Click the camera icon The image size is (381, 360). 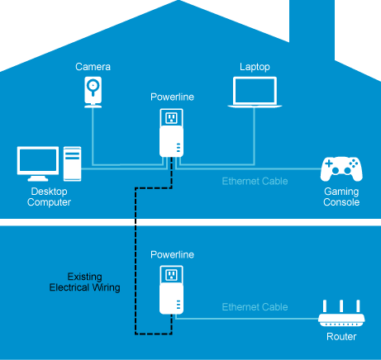93,92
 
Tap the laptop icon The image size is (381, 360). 255,92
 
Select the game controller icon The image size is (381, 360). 341,169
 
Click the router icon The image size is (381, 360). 341,314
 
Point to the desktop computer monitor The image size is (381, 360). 38,163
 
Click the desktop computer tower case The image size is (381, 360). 72,163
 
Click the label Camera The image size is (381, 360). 93,67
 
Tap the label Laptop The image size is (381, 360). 255,67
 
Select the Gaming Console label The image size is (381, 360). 341,197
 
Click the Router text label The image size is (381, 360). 341,337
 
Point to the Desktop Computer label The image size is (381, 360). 49,197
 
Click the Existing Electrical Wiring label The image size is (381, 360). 84,282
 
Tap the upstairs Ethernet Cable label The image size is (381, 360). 255,181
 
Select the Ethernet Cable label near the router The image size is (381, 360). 255,307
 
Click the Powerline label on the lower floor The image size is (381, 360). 172,254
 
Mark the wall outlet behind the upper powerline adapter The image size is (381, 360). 171,118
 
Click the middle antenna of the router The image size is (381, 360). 341,306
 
